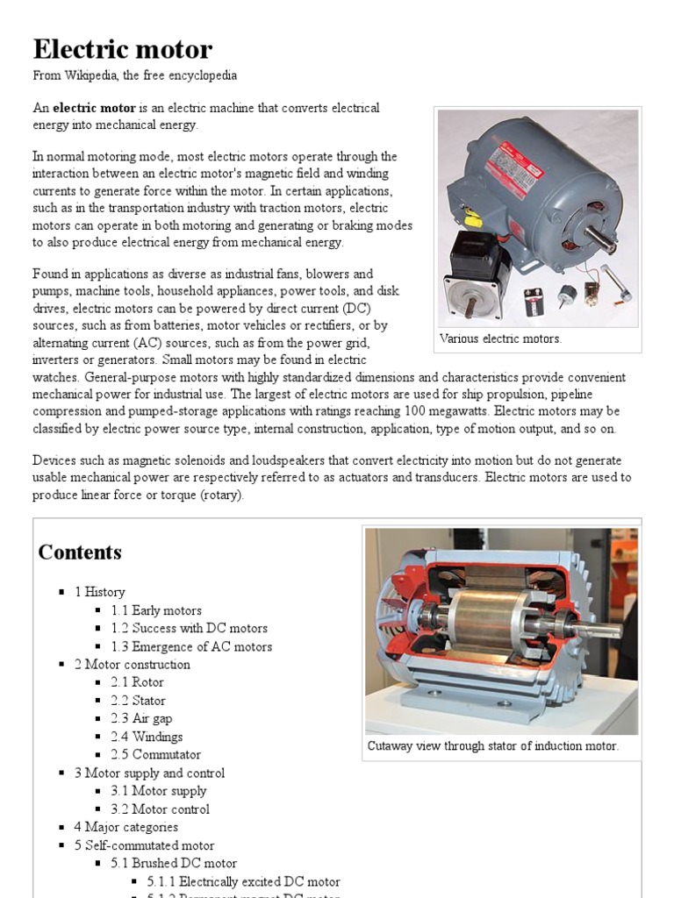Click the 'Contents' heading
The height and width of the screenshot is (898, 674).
80,552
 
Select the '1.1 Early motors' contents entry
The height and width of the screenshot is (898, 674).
156,610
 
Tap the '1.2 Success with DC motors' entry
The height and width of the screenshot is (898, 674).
189,628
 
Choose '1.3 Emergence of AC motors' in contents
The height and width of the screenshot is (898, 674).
191,646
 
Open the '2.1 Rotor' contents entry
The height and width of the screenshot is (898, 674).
137,682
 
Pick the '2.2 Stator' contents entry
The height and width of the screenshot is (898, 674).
138,701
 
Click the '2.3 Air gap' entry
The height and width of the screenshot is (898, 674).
141,718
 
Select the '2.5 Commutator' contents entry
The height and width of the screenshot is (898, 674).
155,754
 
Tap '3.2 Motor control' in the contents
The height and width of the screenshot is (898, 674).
160,809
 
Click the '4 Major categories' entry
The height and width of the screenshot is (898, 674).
125,827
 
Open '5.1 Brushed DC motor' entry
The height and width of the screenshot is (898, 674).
173,863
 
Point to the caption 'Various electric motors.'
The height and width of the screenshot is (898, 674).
500,339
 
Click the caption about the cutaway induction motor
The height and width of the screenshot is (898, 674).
493,746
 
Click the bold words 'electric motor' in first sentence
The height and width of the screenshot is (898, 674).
94,108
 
